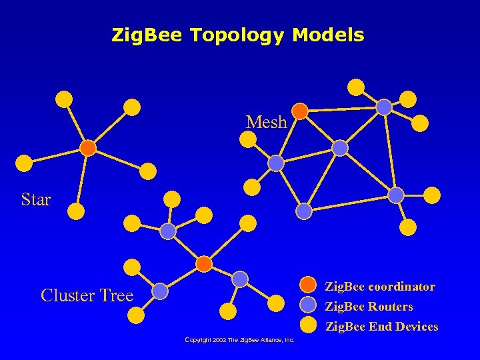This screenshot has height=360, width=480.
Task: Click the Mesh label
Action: click(266, 122)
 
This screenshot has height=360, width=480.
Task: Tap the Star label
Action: click(36, 199)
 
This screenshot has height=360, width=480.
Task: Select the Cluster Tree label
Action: click(87, 295)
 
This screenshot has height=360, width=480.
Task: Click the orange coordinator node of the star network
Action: click(88, 147)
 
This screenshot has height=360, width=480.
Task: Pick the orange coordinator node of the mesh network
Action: click(301, 111)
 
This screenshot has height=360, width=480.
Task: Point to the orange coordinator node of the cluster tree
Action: click(205, 264)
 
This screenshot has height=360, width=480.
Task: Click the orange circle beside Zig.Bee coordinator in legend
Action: click(307, 285)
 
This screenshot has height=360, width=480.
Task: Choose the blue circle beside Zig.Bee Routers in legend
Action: click(307, 305)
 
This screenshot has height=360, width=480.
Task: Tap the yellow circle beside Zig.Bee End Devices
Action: click(307, 325)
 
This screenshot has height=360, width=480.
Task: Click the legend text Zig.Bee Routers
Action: click(368, 307)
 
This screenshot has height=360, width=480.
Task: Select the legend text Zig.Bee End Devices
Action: click(381, 327)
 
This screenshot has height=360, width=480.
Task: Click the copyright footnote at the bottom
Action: click(239, 340)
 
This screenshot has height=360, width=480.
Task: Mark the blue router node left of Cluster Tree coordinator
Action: click(168, 231)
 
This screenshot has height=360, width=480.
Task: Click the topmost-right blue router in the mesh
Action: click(384, 107)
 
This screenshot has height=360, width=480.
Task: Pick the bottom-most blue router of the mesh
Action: click(304, 211)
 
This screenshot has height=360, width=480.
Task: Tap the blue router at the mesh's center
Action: click(340, 148)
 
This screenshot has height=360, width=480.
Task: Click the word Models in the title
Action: click(328, 35)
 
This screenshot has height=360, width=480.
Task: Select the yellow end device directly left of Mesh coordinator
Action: click(248, 139)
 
